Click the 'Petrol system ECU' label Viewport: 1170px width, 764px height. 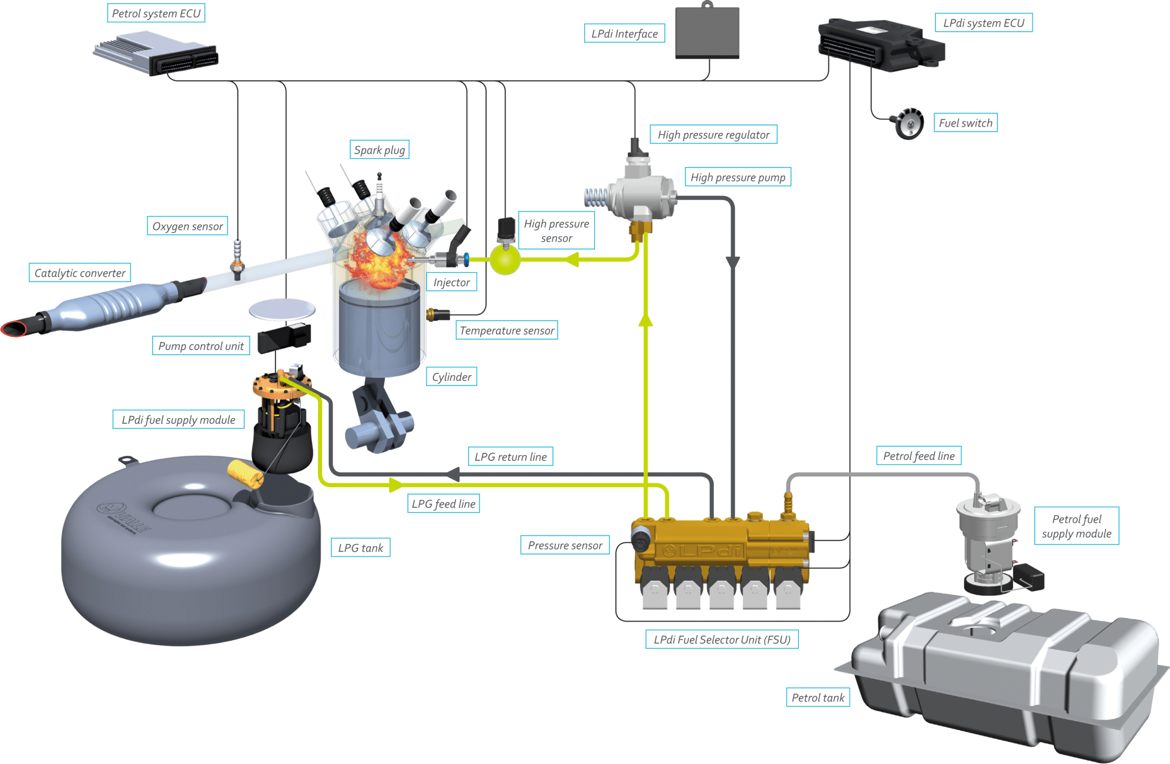click(156, 13)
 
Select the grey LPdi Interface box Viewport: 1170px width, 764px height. click(707, 33)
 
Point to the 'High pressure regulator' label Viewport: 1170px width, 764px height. click(713, 135)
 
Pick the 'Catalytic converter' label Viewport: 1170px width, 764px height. click(80, 273)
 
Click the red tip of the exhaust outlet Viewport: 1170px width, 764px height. click(13, 328)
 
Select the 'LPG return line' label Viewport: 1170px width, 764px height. click(511, 457)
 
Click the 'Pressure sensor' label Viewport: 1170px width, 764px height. click(565, 545)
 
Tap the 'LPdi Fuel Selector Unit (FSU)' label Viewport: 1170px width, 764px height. click(722, 640)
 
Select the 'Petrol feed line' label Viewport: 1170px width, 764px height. click(918, 456)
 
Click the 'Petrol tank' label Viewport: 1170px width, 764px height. click(818, 698)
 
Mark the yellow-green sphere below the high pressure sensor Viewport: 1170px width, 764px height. click(505, 260)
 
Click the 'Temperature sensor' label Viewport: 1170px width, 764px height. click(507, 331)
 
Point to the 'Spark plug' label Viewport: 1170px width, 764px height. click(379, 150)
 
